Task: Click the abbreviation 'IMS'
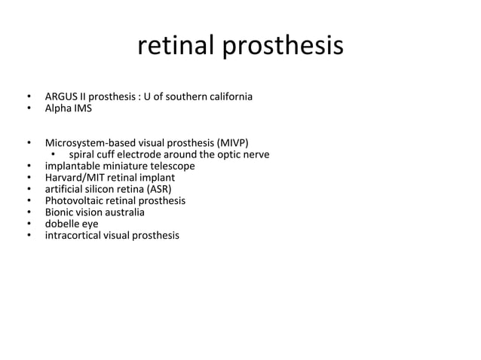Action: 83,109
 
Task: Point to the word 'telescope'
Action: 172,166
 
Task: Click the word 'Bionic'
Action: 60,212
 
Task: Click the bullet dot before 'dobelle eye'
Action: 28,224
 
